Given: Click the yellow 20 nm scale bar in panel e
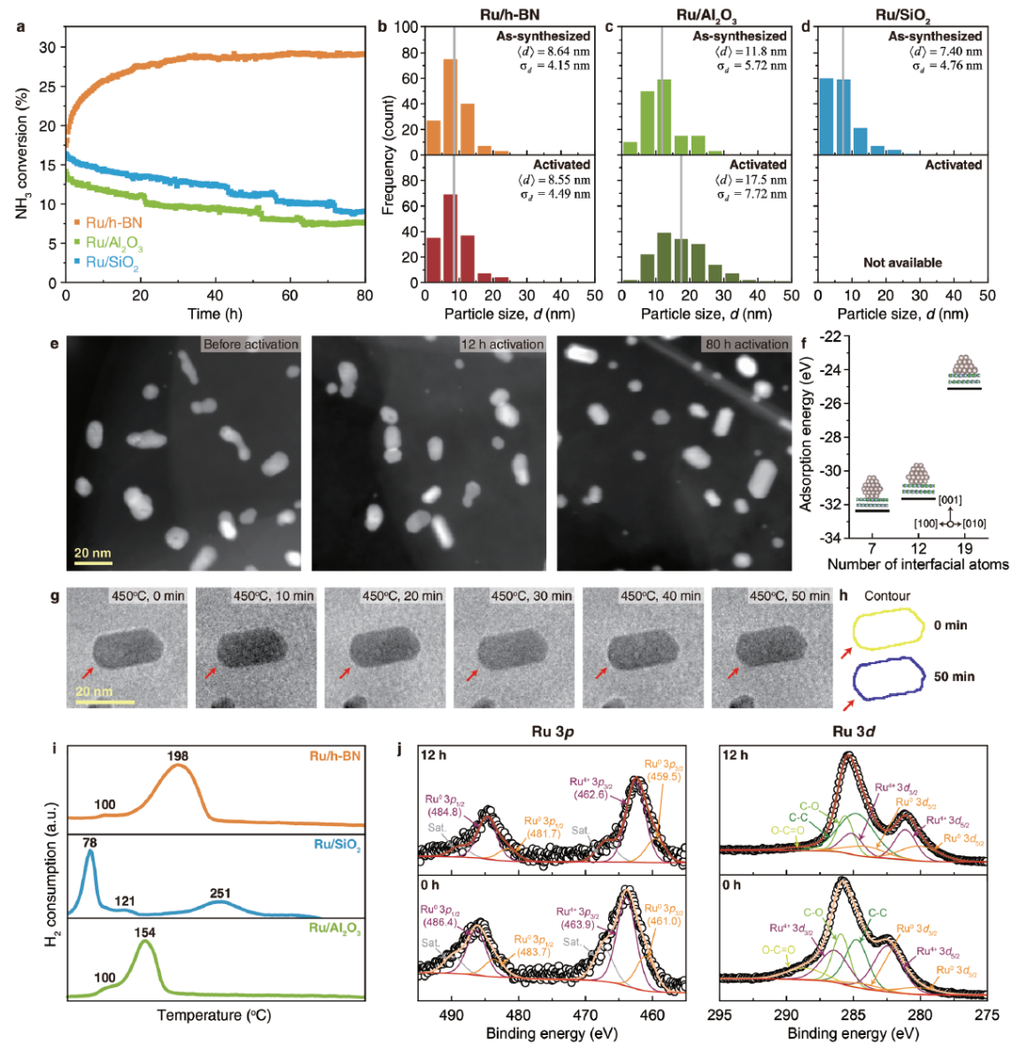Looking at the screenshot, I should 93,563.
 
